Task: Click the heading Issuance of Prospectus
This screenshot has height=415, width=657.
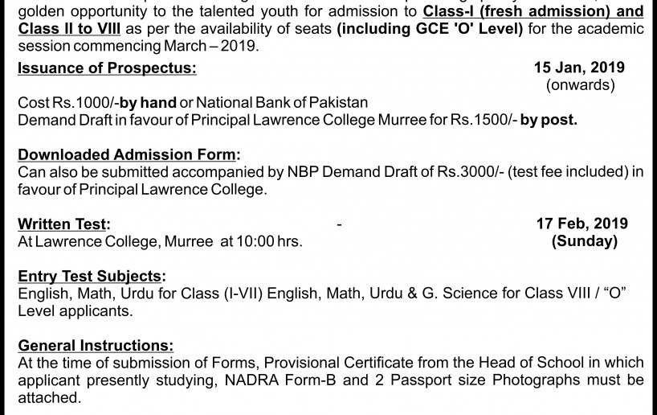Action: (x=107, y=68)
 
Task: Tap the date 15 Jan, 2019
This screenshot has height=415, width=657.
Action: (x=580, y=68)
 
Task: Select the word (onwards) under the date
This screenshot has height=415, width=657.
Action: (x=580, y=84)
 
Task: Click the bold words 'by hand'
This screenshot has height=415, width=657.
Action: (x=148, y=103)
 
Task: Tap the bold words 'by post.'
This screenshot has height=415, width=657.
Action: (x=549, y=121)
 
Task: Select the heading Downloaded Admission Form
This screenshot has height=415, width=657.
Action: (x=129, y=155)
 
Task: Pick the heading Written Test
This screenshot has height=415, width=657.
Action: (x=64, y=224)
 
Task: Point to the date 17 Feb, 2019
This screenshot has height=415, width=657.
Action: (x=582, y=224)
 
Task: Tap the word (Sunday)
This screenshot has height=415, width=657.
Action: (x=585, y=240)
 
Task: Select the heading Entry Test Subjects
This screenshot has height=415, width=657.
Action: (x=92, y=276)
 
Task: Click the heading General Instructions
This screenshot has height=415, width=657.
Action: (x=95, y=345)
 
